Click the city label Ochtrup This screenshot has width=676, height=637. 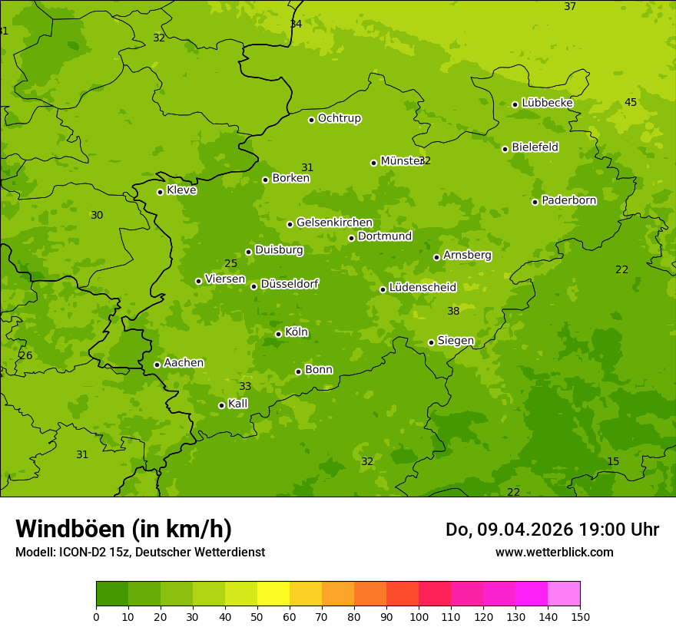[339, 118]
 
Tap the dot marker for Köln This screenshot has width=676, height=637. [278, 334]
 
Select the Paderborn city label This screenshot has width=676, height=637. [568, 200]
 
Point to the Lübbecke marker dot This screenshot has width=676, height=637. [515, 104]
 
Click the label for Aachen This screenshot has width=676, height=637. [184, 362]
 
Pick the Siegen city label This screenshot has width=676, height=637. [456, 340]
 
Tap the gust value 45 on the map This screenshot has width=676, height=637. [631, 102]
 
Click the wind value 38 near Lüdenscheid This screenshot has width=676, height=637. [453, 311]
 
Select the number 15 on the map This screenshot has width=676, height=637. [613, 461]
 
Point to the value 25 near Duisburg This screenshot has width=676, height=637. [230, 263]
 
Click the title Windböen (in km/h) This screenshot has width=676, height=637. [124, 529]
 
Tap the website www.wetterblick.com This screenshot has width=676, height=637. [554, 552]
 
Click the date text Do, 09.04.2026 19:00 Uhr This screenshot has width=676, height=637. [552, 530]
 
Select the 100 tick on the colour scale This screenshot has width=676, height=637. [419, 616]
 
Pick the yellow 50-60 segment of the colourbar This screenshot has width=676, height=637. [273, 594]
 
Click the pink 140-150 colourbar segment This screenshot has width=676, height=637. [564, 594]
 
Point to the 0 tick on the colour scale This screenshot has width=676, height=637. [96, 616]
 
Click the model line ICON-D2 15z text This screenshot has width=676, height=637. [140, 552]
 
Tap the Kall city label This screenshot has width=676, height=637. [238, 403]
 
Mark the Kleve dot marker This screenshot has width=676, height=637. [160, 192]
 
